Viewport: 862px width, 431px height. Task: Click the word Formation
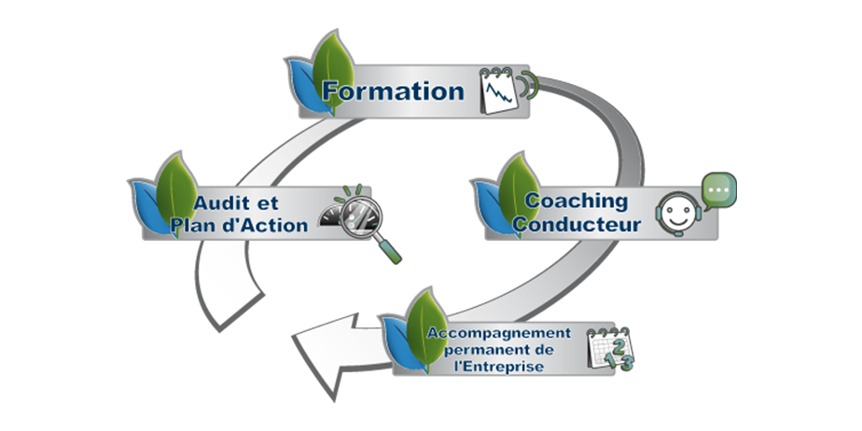click(393, 90)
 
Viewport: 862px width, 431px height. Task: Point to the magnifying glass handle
click(388, 249)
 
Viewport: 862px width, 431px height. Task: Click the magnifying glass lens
click(359, 217)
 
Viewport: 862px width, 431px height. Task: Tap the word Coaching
click(577, 202)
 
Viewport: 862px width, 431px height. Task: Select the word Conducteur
click(577, 224)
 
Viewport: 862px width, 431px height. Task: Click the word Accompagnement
click(499, 334)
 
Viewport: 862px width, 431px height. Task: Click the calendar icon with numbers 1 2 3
click(610, 350)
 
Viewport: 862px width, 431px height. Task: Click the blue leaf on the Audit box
click(147, 208)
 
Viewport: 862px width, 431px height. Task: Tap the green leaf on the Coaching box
click(519, 193)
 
